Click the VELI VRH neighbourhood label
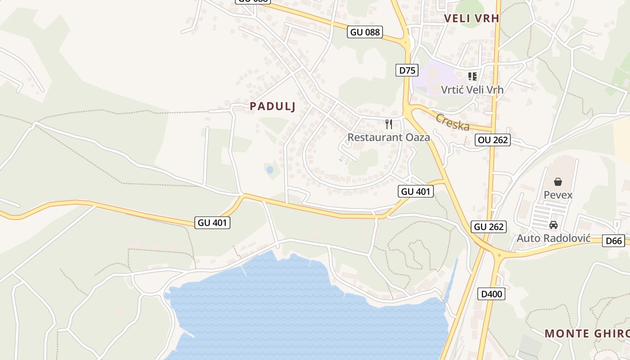[x=471, y=18]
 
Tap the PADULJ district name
[x=272, y=106]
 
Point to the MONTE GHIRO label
[x=587, y=333]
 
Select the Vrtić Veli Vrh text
[x=472, y=90]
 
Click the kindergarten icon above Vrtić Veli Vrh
[x=472, y=76]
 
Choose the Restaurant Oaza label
[x=389, y=137]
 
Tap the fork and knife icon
[x=389, y=124]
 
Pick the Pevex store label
[x=558, y=195]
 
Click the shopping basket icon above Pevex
[x=558, y=182]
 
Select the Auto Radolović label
[x=553, y=238]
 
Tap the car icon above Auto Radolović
[x=553, y=225]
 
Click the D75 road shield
[x=407, y=70]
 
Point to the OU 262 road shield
[x=493, y=140]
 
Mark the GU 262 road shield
[x=489, y=227]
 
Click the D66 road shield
[x=614, y=241]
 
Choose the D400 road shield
[x=491, y=294]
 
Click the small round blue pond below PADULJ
[x=270, y=170]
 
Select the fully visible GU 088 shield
[x=365, y=32]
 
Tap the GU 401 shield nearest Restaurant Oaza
[x=416, y=191]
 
